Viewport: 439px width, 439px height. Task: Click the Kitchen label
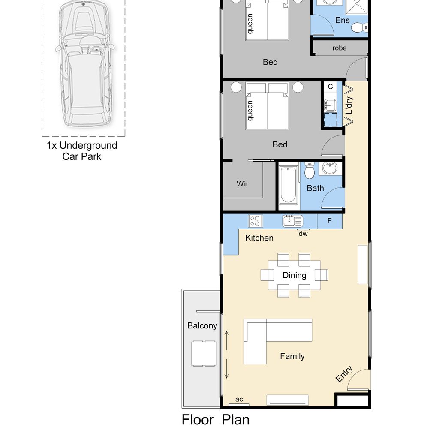tap(259, 238)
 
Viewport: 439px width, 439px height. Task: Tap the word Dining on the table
tap(294, 275)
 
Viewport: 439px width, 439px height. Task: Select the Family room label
tap(292, 356)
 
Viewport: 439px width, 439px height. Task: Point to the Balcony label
tap(202, 326)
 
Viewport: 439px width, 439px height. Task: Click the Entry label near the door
tap(344, 374)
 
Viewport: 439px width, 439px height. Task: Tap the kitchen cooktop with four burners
tap(256, 221)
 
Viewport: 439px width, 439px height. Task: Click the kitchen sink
tap(292, 221)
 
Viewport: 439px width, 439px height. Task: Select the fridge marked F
tap(330, 221)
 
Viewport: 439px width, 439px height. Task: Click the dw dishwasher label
tap(303, 234)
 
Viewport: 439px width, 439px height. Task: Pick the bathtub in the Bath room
tap(288, 185)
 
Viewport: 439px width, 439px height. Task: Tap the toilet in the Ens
tap(359, 28)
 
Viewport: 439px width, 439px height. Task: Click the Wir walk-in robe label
tap(242, 183)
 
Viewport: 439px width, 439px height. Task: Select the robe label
tap(340, 48)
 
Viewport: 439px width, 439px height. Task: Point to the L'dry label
tap(349, 105)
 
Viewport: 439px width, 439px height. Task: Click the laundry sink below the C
tap(330, 105)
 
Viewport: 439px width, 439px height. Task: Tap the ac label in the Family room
tap(239, 400)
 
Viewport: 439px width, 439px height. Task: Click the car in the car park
tap(84, 63)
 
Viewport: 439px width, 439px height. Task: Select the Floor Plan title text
tap(215, 420)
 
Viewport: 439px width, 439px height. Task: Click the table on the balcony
tap(204, 353)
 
